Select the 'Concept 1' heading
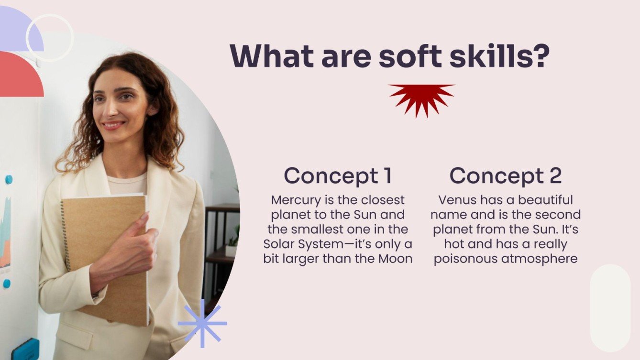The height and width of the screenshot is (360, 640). (x=338, y=176)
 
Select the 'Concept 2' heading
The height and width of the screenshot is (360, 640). (x=506, y=176)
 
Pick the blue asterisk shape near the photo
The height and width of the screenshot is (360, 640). (x=202, y=323)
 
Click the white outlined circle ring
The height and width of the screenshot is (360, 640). (x=49, y=37)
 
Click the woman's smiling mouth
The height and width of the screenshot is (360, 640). (x=113, y=125)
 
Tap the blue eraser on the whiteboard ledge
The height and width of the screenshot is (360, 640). (x=25, y=349)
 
